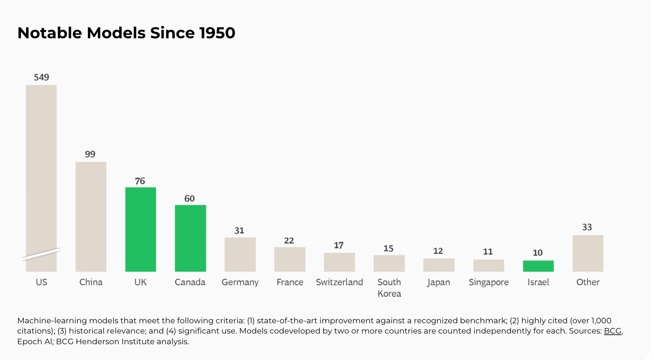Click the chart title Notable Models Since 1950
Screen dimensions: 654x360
tap(126, 33)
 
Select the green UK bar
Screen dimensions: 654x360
tap(141, 229)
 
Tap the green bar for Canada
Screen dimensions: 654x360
tap(191, 238)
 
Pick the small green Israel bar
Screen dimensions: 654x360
tap(538, 266)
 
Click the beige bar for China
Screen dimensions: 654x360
tap(91, 217)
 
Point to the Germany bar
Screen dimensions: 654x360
tap(240, 255)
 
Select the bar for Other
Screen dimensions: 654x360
tap(588, 253)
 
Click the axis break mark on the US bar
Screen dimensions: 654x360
tap(41, 254)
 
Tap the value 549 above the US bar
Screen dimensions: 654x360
tap(41, 77)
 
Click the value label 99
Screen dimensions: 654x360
tap(90, 154)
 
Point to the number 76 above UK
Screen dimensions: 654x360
tap(140, 181)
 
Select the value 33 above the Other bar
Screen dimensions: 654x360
tap(587, 227)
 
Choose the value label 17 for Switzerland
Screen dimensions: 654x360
tap(339, 246)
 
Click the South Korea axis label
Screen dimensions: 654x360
tap(389, 288)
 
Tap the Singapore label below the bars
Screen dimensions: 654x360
tap(489, 283)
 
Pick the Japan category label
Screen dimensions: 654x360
tap(438, 283)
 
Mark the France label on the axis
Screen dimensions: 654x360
tap(290, 282)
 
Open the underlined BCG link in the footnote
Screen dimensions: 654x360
tap(613, 331)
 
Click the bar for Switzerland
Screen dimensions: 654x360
tap(340, 262)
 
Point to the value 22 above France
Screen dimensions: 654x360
tap(289, 241)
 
